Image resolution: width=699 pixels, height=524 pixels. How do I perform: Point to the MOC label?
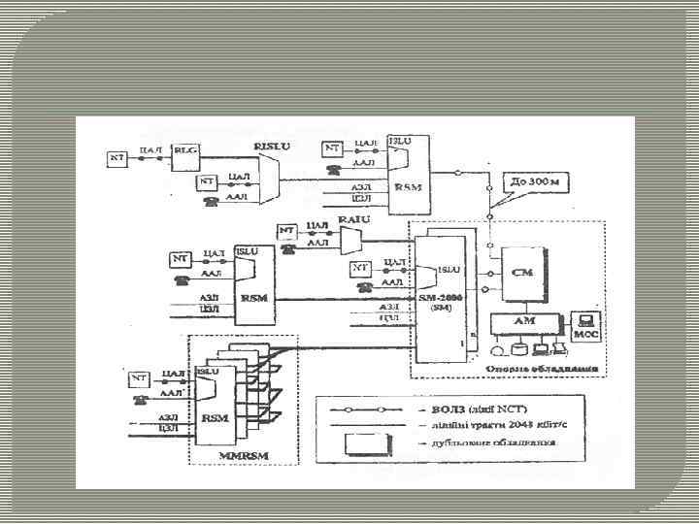[x=588, y=334]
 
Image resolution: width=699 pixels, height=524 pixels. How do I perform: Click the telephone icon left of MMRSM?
[x=141, y=400]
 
